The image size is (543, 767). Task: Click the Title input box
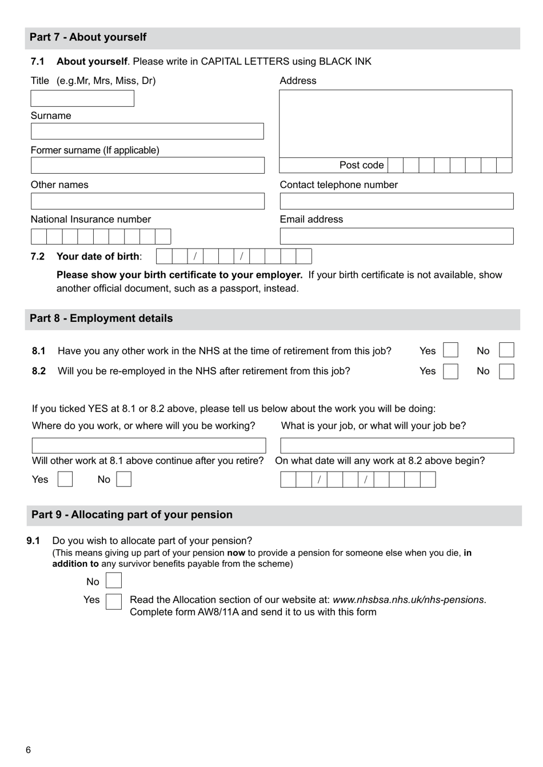click(82, 98)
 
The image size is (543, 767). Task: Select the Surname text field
click(147, 131)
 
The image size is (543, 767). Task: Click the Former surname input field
click(147, 166)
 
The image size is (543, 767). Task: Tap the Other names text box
click(147, 201)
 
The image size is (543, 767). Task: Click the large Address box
click(395, 123)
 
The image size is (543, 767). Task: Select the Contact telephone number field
click(396, 201)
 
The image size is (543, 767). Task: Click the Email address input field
click(396, 236)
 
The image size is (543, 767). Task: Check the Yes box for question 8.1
click(450, 350)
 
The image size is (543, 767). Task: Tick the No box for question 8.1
click(506, 350)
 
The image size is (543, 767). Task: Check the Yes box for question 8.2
click(450, 371)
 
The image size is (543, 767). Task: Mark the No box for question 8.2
click(506, 371)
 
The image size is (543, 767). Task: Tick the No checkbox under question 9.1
click(114, 581)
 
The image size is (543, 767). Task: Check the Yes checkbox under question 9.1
click(114, 601)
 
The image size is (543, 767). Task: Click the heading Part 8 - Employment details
click(101, 318)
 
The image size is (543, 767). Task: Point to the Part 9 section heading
click(132, 514)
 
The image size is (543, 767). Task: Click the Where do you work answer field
click(149, 446)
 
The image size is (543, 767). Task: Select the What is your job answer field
click(397, 446)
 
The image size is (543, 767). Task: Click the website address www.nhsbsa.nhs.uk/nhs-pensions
click(408, 600)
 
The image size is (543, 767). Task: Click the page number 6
click(29, 750)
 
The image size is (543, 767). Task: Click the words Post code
click(361, 165)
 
